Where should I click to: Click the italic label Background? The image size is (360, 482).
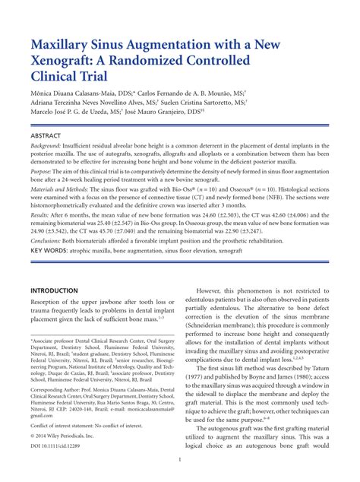click(46, 147)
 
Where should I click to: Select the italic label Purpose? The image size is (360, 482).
click(42, 173)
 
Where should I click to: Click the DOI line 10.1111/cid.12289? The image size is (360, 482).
click(58, 444)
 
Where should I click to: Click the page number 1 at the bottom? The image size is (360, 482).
click(180, 459)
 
